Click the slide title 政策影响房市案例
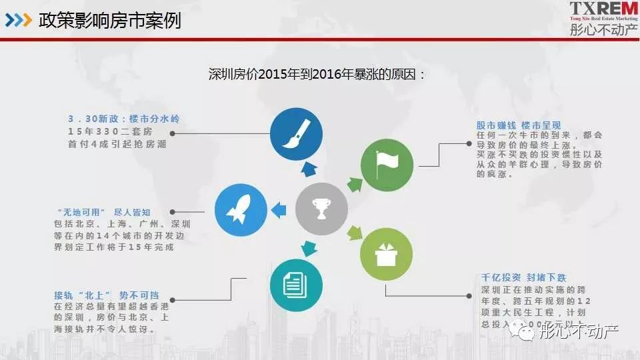pyautogui.click(x=111, y=20)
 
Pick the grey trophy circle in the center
pyautogui.click(x=321, y=209)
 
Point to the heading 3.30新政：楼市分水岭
pyautogui.click(x=123, y=119)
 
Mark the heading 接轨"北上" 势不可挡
pyautogui.click(x=107, y=295)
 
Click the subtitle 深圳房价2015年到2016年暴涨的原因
pyautogui.click(x=317, y=73)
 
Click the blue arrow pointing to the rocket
pyautogui.click(x=278, y=210)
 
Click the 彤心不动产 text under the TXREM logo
pyautogui.click(x=603, y=29)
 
